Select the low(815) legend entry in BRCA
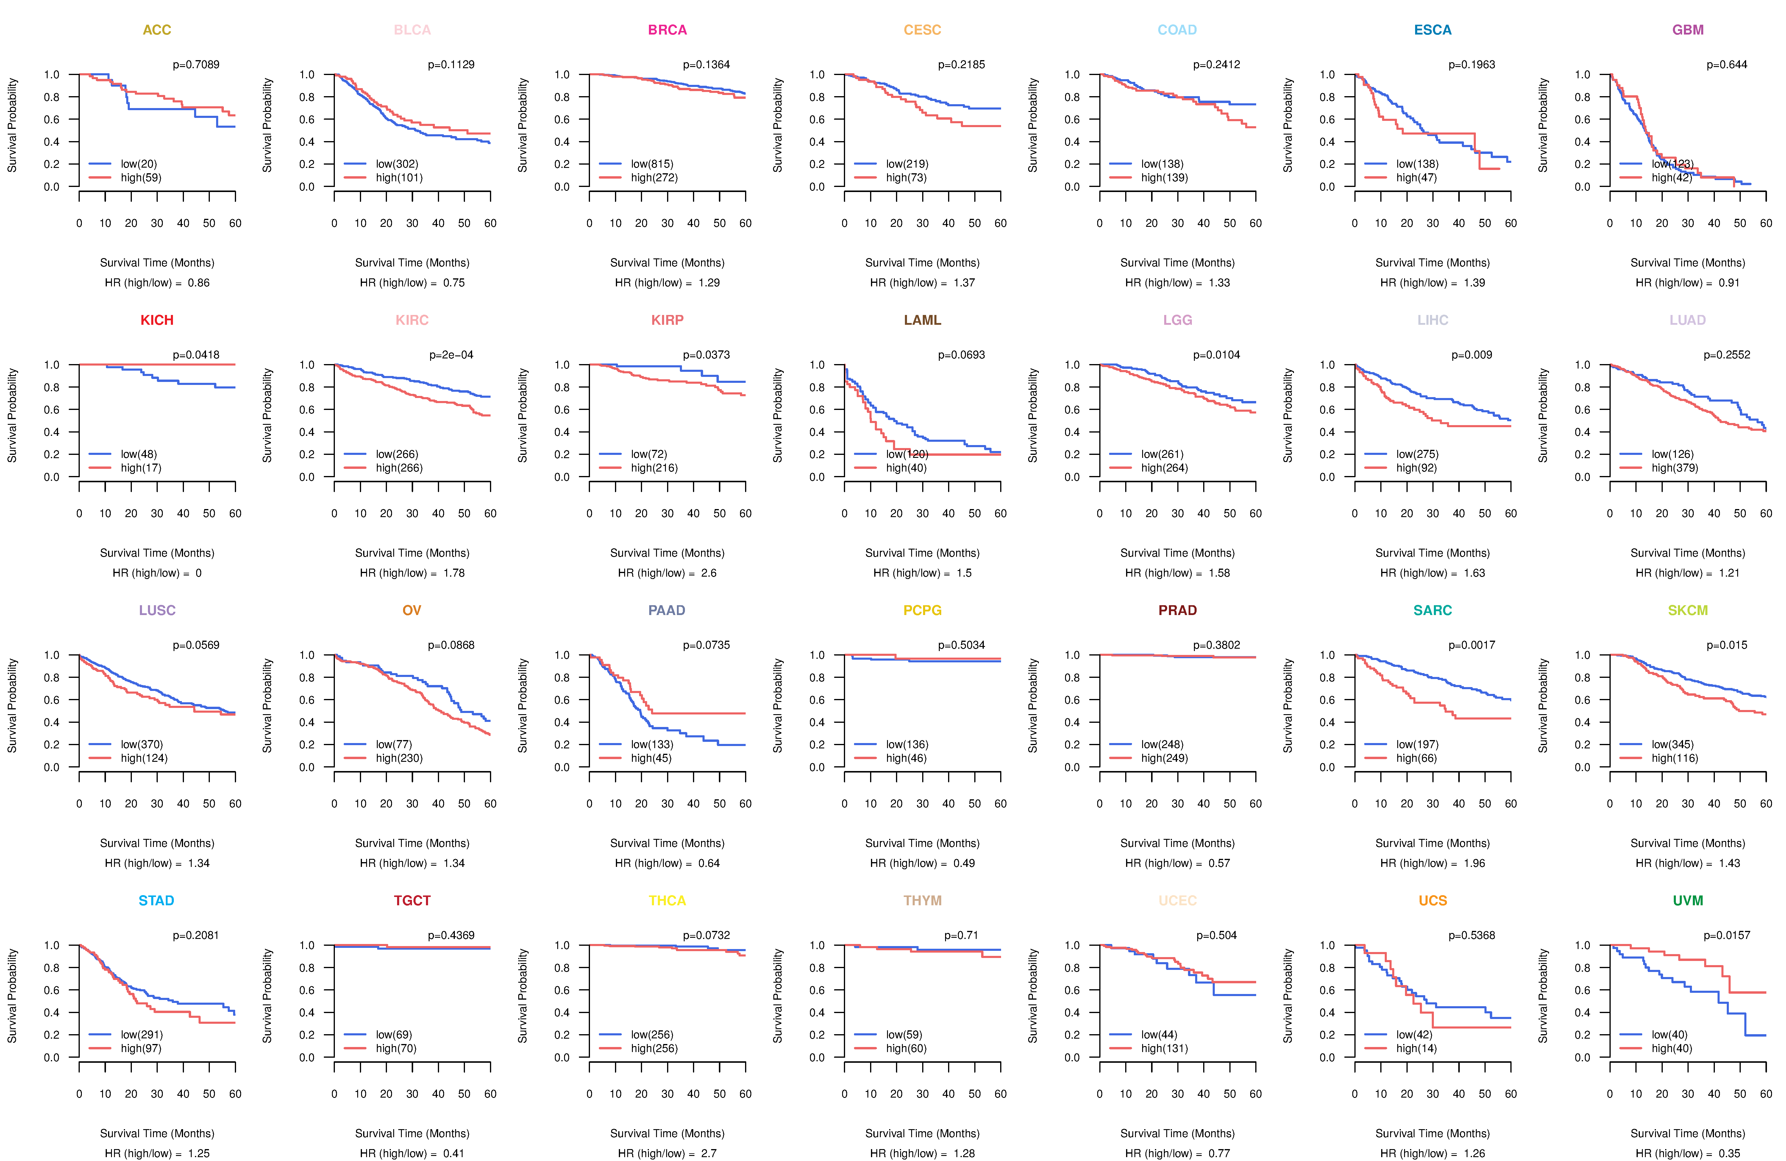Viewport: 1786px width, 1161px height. coord(651,164)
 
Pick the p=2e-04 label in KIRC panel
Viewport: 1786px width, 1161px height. coord(451,355)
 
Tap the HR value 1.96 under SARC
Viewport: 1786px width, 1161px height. coord(1474,863)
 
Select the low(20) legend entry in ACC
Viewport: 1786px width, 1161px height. coord(138,164)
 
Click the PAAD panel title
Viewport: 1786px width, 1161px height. coord(666,610)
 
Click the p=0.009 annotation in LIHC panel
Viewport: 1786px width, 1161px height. coord(1472,355)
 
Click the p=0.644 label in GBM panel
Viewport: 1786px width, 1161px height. coord(1727,65)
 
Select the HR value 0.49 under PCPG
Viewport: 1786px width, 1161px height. coord(964,863)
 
